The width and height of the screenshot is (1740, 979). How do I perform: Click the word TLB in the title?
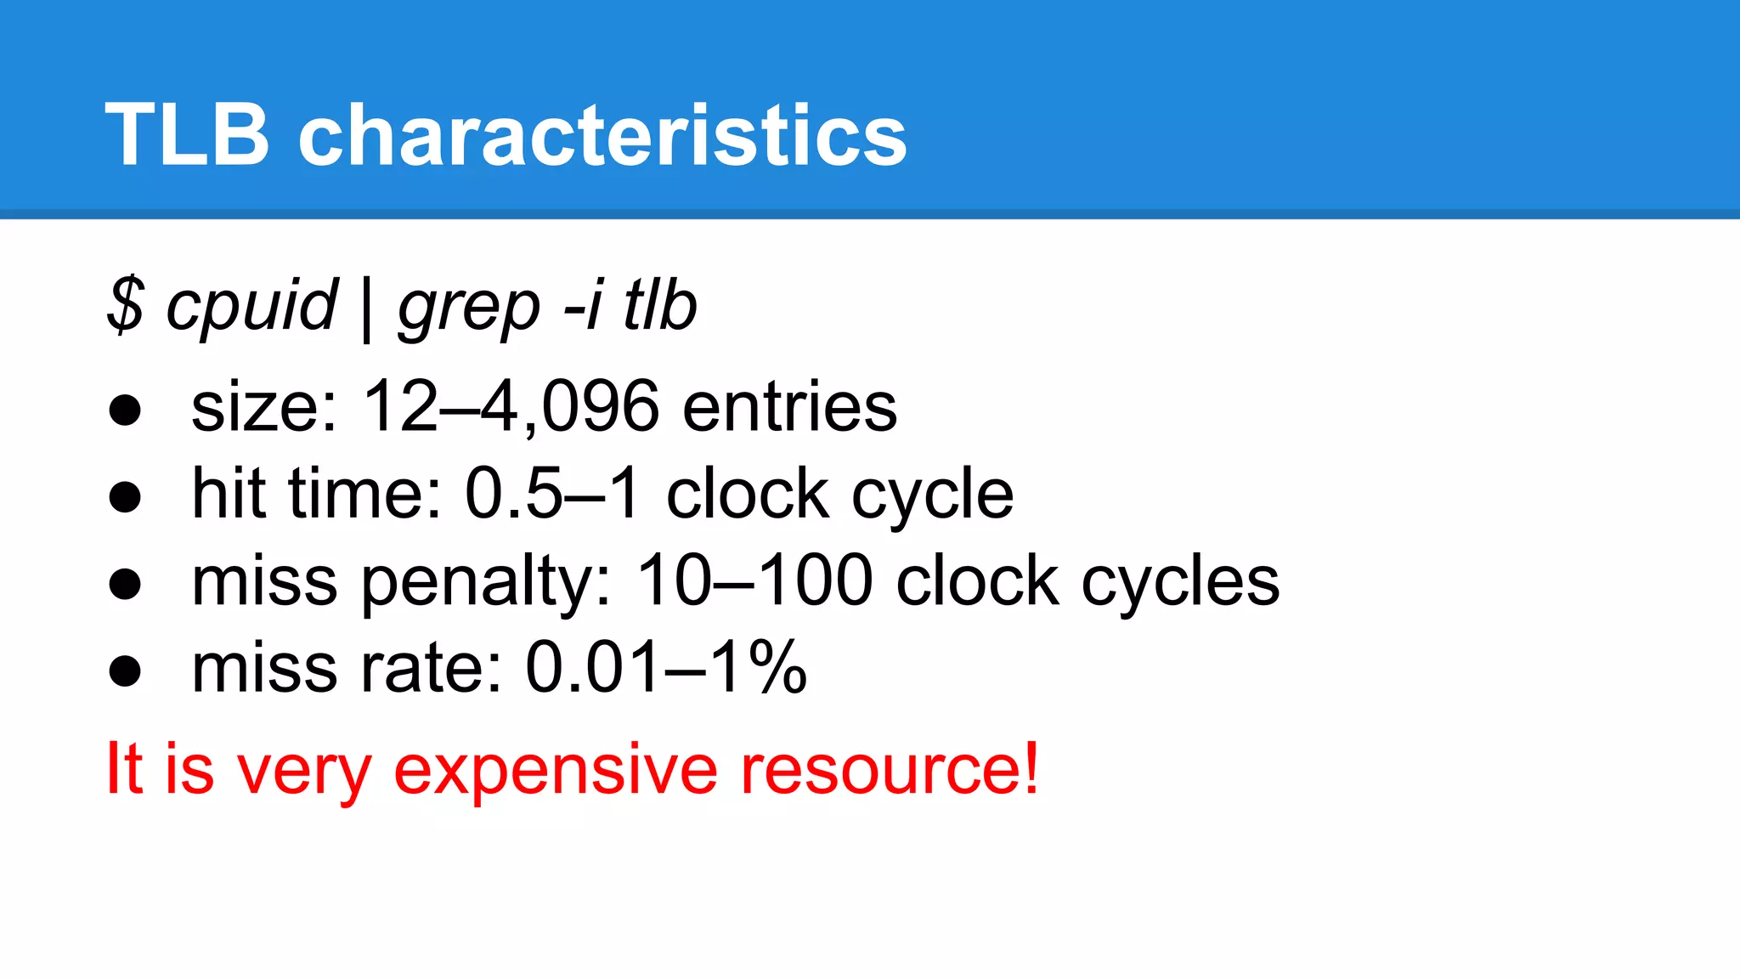click(187, 134)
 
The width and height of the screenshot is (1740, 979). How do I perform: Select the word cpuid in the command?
click(251, 306)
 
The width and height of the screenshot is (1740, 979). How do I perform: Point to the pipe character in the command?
click(367, 308)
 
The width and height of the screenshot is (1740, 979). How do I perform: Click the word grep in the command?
click(469, 308)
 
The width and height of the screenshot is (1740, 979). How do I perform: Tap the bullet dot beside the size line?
click(125, 410)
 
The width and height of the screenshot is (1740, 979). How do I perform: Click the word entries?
click(789, 406)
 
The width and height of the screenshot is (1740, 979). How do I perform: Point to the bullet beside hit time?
click(125, 496)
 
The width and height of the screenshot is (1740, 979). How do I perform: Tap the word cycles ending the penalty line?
click(1180, 583)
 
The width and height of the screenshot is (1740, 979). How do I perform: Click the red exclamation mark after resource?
click(1031, 767)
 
